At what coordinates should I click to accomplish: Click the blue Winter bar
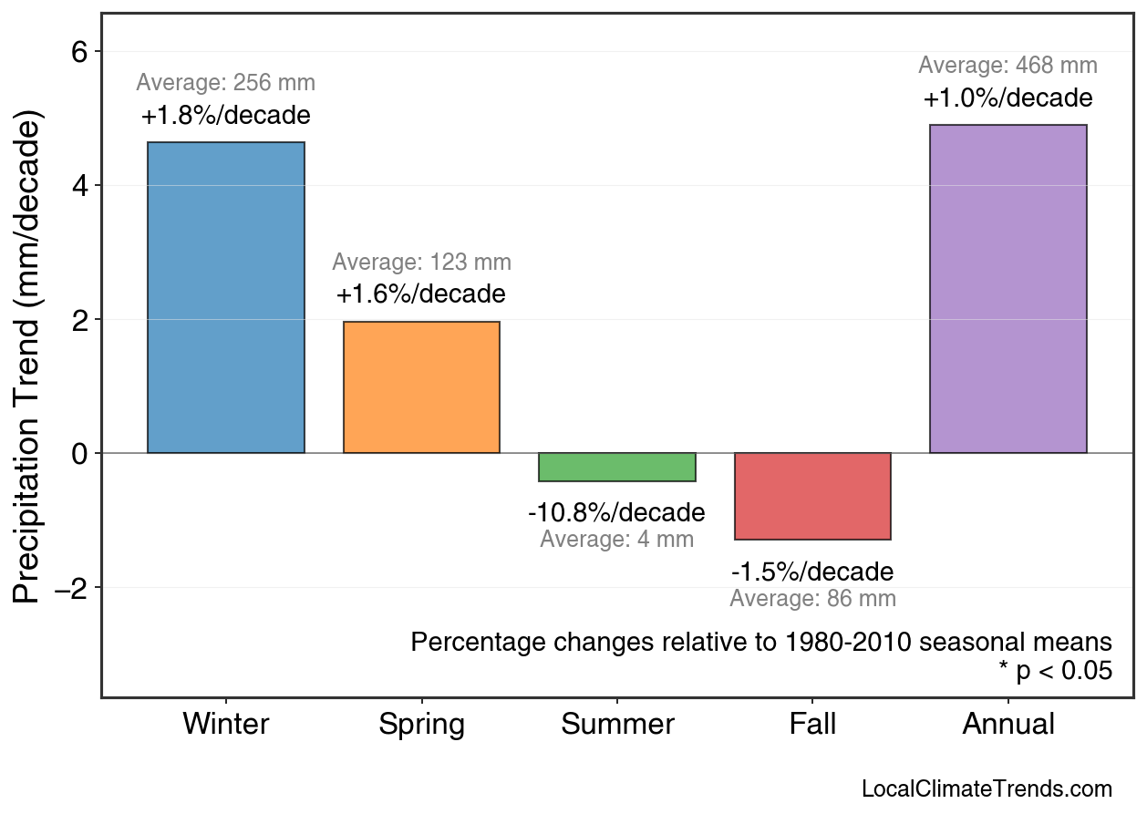[x=226, y=298]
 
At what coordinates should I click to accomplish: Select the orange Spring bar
[x=421, y=387]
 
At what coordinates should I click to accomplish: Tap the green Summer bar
[x=617, y=467]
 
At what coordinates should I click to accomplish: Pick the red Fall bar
[x=812, y=496]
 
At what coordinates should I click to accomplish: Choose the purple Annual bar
[x=1007, y=289]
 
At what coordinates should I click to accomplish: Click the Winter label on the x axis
[x=226, y=725]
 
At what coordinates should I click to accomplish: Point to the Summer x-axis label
[x=617, y=725]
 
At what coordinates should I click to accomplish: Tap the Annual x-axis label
[x=1007, y=725]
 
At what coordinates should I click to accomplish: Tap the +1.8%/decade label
[x=226, y=117]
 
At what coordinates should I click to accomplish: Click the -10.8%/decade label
[x=617, y=512]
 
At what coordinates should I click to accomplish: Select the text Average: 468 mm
[x=1007, y=66]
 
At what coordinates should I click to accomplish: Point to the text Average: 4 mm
[x=617, y=540]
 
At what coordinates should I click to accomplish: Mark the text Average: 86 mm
[x=812, y=599]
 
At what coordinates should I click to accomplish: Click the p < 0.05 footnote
[x=1055, y=672]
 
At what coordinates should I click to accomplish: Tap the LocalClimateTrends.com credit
[x=987, y=789]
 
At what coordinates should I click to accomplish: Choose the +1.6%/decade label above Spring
[x=421, y=295]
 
